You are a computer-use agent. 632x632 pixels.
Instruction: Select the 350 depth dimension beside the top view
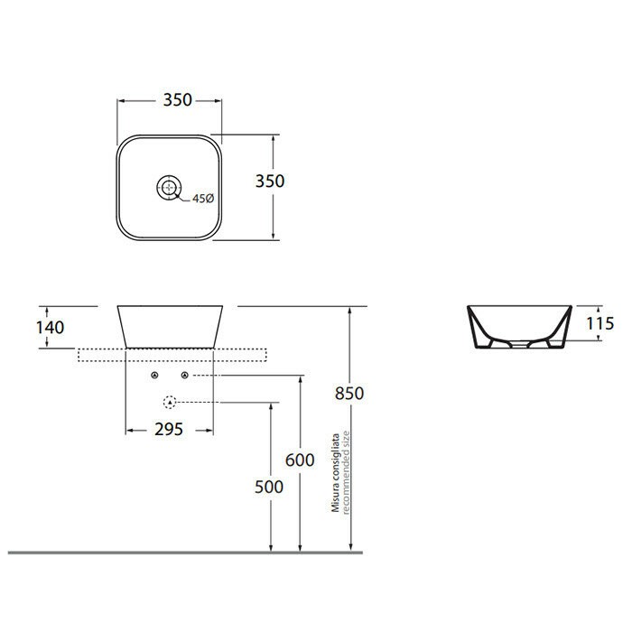pyautogui.click(x=269, y=181)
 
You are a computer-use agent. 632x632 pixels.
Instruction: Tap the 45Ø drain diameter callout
pyautogui.click(x=201, y=200)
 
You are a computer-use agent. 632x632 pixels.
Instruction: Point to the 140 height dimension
pyautogui.click(x=51, y=327)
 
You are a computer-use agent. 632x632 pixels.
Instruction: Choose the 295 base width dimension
pyautogui.click(x=169, y=429)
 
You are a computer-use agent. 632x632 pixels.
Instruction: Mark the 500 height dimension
pyautogui.click(x=269, y=487)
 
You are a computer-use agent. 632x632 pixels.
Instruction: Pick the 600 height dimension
pyautogui.click(x=300, y=460)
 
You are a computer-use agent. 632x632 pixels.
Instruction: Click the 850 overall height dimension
pyautogui.click(x=349, y=393)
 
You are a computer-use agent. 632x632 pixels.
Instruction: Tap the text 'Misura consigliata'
pyautogui.click(x=334, y=473)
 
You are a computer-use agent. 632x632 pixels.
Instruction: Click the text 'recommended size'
pyautogui.click(x=345, y=473)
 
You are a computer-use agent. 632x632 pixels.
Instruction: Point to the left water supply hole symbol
pyautogui.click(x=154, y=375)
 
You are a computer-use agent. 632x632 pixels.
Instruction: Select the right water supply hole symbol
pyautogui.click(x=185, y=375)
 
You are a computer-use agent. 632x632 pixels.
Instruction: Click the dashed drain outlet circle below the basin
pyautogui.click(x=169, y=402)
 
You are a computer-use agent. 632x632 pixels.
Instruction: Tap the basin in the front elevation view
pyautogui.click(x=169, y=325)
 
